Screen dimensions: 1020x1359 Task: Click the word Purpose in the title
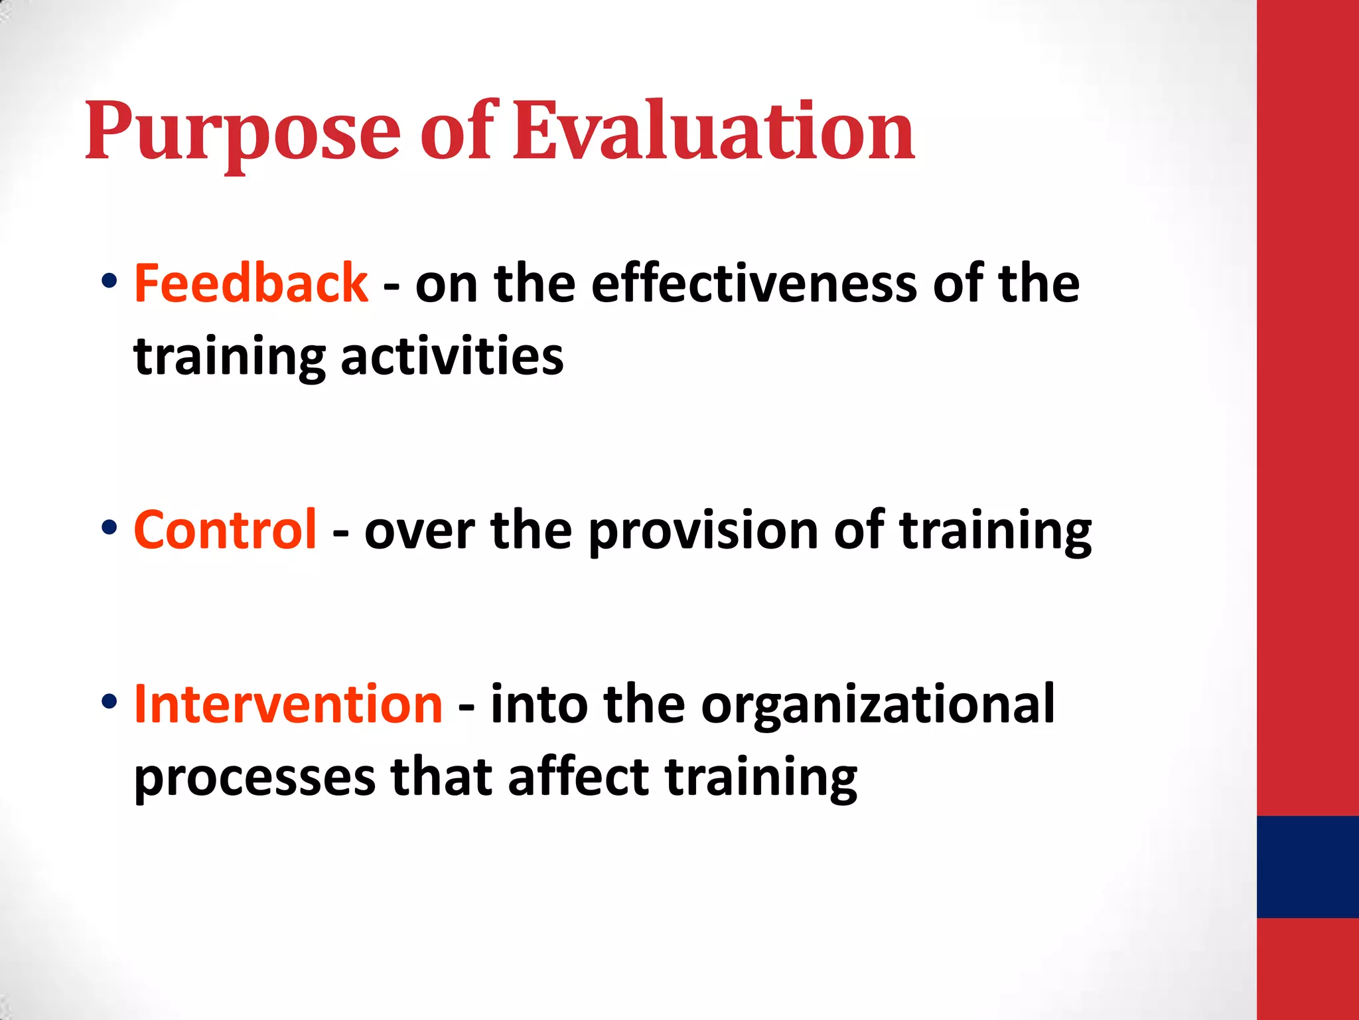(242, 133)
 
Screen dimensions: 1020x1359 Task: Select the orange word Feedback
(251, 284)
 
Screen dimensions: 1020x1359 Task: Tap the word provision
(703, 531)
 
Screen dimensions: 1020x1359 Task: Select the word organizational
(877, 706)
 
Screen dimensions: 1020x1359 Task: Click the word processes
(254, 778)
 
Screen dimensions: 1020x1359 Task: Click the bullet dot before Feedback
(109, 281)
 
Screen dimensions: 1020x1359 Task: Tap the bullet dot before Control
(109, 527)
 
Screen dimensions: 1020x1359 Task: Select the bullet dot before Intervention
(109, 701)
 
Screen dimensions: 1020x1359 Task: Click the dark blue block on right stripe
(1307, 867)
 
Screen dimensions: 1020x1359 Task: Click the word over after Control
(419, 531)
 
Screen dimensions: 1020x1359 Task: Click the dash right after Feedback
(392, 287)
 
